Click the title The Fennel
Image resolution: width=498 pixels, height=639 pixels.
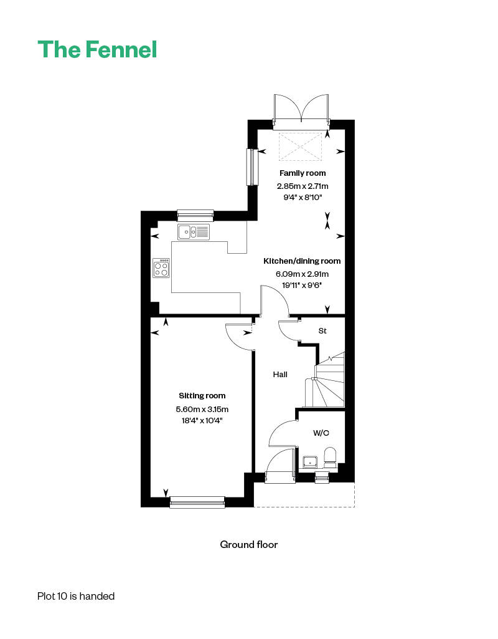click(97, 49)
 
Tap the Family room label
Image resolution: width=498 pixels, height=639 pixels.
click(303, 173)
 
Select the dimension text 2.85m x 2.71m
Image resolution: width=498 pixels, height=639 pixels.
click(303, 186)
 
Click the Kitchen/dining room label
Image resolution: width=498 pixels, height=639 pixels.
click(302, 261)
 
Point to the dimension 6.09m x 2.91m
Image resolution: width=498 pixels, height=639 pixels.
click(303, 274)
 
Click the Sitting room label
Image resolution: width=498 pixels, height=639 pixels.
click(202, 396)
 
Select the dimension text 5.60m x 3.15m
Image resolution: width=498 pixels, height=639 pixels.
click(202, 409)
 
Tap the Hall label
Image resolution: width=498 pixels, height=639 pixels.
click(280, 375)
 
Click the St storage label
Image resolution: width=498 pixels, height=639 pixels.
click(322, 331)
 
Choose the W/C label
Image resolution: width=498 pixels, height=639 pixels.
click(321, 433)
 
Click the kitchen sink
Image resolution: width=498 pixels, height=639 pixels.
click(194, 232)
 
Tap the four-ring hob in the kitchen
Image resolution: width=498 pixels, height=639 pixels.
click(161, 268)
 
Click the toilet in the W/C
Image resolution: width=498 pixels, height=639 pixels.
click(330, 457)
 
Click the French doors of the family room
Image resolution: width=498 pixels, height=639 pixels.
click(301, 109)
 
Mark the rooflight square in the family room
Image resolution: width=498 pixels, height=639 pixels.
click(300, 147)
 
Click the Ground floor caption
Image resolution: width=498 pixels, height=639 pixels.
click(248, 545)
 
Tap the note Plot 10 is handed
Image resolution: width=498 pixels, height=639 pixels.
click(76, 596)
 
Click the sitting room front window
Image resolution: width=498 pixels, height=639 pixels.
click(197, 502)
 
